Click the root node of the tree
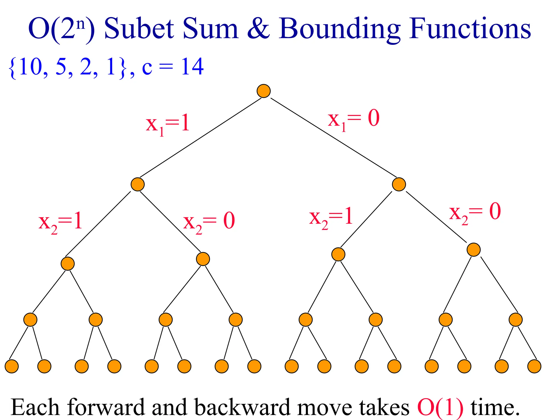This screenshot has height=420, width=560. point(264,91)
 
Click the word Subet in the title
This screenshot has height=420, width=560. point(139,28)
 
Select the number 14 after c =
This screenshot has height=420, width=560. point(192,67)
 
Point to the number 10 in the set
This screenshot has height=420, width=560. point(30,67)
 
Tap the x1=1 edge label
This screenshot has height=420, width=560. point(168,124)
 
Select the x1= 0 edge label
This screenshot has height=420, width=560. point(354,119)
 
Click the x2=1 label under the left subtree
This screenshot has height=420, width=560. point(60,222)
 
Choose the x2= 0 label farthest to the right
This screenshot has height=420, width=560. point(475,213)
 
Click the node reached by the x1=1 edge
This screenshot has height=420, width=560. point(138,184)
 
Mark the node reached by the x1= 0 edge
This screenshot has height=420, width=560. point(399,184)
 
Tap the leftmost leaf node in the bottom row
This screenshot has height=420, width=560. point(12,366)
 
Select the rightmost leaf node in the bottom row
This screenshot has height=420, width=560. point(534,366)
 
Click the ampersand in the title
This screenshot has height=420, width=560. point(258,28)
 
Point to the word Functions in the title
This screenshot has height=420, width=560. point(470,28)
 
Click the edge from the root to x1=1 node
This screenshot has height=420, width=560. point(200,138)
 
